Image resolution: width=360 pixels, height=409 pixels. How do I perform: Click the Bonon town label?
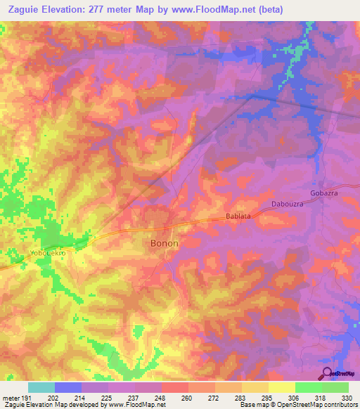coord(165,243)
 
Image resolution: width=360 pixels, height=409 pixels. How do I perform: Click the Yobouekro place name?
coord(48,252)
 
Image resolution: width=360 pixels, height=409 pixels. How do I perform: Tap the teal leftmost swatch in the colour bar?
coord(41,387)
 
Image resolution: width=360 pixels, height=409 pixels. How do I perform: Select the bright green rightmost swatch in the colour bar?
coord(335,387)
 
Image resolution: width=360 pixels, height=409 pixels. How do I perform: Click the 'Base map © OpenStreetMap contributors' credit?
coord(296,405)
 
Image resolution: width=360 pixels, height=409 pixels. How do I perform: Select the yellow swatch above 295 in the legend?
coord(255,387)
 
